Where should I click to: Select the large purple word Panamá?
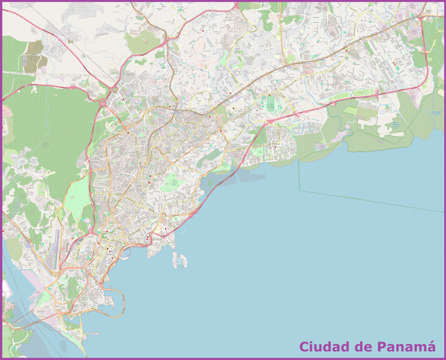[x=406, y=347]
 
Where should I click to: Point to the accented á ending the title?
[x=430, y=346]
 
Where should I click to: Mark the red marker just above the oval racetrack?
[x=269, y=95]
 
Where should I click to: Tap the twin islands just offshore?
[x=180, y=260]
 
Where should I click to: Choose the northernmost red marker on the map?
[x=203, y=31]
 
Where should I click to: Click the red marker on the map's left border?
[x=3, y=231]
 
